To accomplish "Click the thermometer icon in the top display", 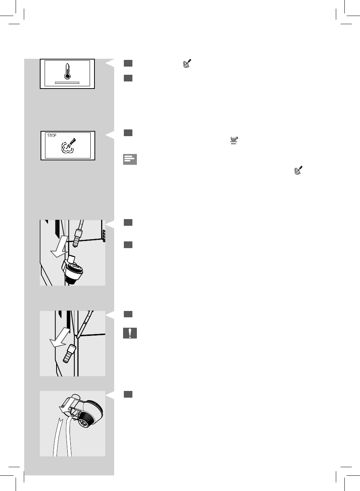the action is pyautogui.click(x=67, y=71).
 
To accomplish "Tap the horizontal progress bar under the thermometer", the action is pyautogui.click(x=67, y=83).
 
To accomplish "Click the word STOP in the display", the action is pyautogui.click(x=52, y=135).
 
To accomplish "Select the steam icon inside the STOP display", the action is pyautogui.click(x=68, y=147).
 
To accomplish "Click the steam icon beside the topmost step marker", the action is pyautogui.click(x=187, y=63).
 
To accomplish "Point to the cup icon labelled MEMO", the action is pyautogui.click(x=234, y=140).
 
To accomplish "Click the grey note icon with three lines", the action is pyautogui.click(x=130, y=159).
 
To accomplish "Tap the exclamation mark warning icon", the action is pyautogui.click(x=130, y=333).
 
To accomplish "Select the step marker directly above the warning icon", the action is pyautogui.click(x=128, y=314).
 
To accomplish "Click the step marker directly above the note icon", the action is pyautogui.click(x=128, y=133).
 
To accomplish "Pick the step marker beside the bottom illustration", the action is pyautogui.click(x=128, y=394).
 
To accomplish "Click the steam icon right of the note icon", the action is pyautogui.click(x=298, y=170).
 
